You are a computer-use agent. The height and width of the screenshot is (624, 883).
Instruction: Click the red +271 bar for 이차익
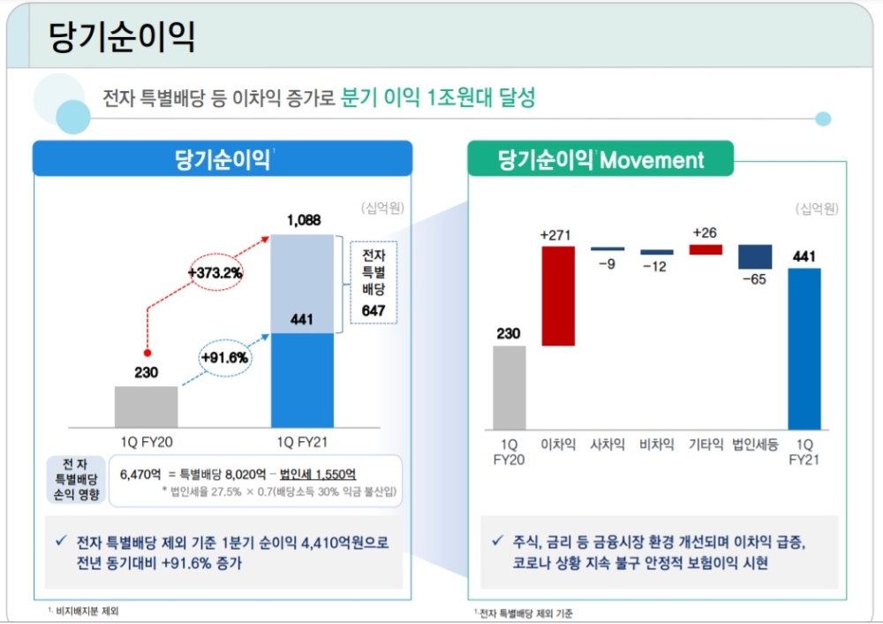click(x=558, y=295)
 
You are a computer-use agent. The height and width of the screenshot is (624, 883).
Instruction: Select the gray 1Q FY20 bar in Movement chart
click(x=509, y=386)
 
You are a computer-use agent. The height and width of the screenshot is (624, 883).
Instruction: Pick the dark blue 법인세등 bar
click(x=755, y=256)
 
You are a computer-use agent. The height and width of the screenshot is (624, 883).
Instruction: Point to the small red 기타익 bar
click(x=706, y=249)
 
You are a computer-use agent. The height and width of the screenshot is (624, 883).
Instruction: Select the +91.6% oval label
click(x=223, y=358)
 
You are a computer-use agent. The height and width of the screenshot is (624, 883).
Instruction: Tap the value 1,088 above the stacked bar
click(x=303, y=220)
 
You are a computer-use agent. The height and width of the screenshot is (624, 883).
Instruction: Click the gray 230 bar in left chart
click(x=146, y=407)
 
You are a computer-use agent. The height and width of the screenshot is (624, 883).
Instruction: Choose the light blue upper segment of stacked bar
click(x=303, y=283)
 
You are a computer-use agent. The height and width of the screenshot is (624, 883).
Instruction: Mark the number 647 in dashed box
click(x=374, y=310)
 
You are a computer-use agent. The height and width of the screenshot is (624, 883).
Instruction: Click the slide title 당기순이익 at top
click(x=122, y=37)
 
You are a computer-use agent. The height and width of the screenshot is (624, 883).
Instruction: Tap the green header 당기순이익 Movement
click(x=600, y=159)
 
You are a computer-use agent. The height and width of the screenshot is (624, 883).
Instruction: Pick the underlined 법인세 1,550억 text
click(x=319, y=474)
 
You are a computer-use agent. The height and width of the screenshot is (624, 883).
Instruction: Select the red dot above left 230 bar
click(x=147, y=352)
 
